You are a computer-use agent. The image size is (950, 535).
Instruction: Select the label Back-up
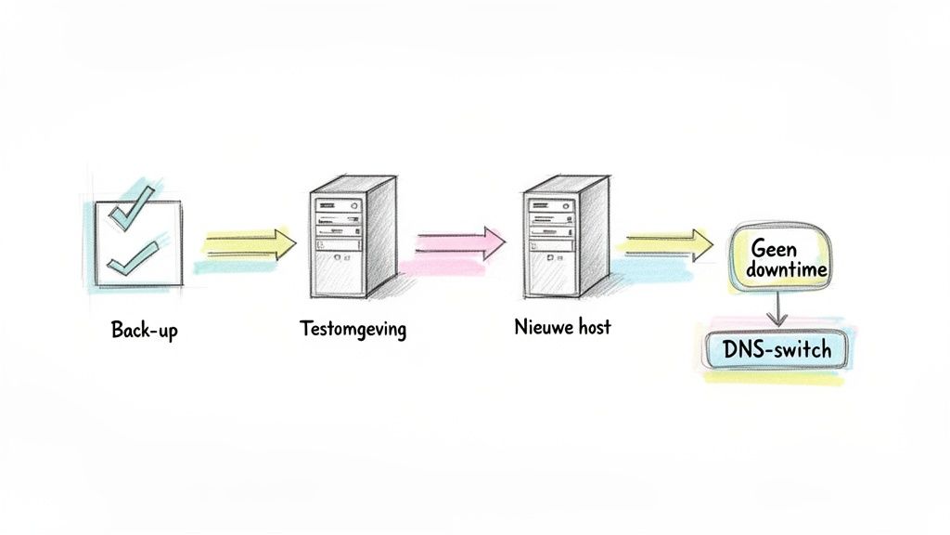point(144,330)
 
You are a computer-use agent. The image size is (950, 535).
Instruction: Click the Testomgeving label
point(353,330)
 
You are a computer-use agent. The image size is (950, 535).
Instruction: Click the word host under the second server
point(591,328)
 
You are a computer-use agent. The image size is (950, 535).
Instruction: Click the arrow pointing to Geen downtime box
point(670,243)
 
